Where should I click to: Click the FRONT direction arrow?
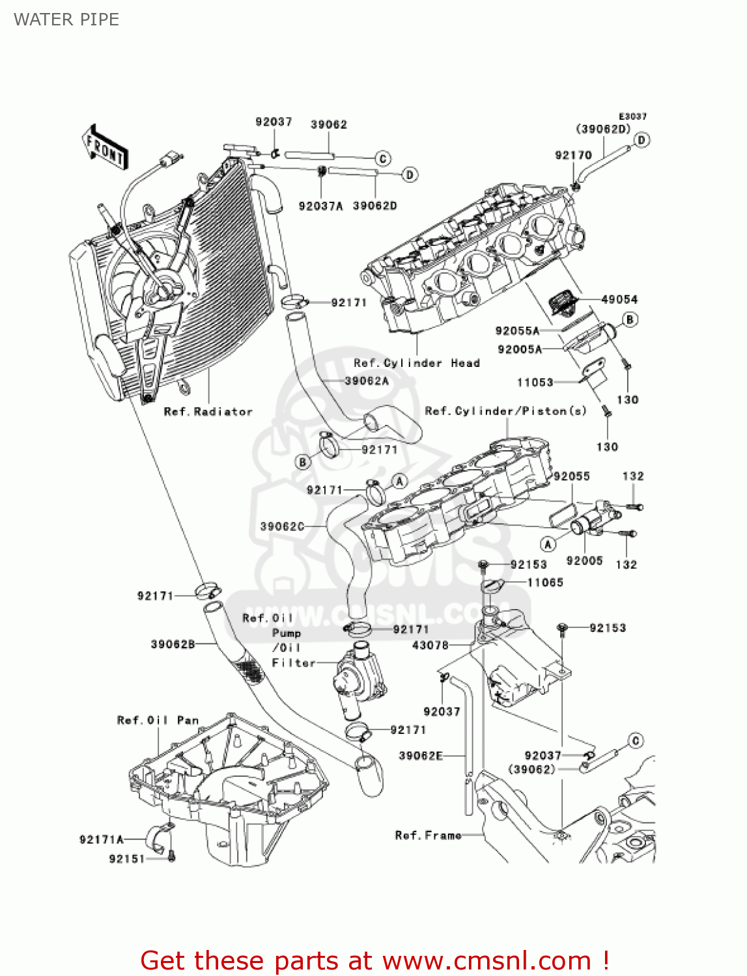[105, 147]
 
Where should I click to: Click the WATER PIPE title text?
[66, 20]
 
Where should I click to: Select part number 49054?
[619, 299]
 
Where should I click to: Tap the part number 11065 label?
[545, 582]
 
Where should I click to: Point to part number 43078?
[430, 645]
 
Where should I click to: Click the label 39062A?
[366, 381]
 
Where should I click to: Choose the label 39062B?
[173, 644]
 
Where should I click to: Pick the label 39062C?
[282, 526]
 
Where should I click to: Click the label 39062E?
[421, 755]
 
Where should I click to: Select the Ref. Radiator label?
[208, 411]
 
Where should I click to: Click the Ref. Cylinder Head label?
[417, 363]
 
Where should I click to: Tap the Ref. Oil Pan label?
[158, 720]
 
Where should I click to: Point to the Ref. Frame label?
[428, 835]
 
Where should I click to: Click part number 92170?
[573, 155]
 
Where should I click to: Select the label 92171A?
[102, 839]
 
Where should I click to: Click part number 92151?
[127, 859]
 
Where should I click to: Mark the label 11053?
[535, 382]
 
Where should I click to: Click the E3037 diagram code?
[632, 116]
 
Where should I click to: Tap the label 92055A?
[517, 331]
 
